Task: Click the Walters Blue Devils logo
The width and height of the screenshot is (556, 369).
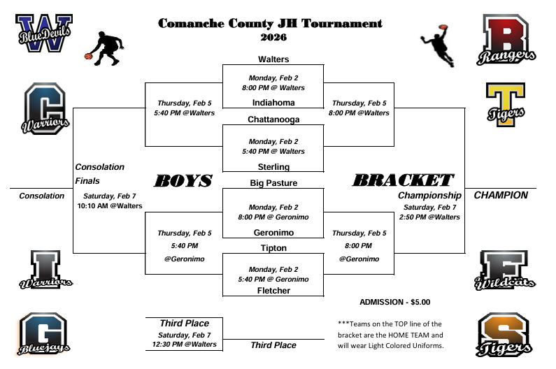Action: pyautogui.click(x=43, y=34)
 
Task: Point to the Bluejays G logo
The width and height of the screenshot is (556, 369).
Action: pyautogui.click(x=43, y=333)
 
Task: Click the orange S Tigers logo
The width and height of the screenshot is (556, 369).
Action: pyautogui.click(x=506, y=334)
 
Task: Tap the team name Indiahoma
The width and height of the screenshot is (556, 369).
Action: pyautogui.click(x=273, y=102)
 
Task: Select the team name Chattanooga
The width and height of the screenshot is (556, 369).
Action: pyautogui.click(x=273, y=120)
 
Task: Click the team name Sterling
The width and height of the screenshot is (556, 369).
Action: pyautogui.click(x=273, y=166)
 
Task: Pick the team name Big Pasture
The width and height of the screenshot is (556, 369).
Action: pyautogui.click(x=273, y=183)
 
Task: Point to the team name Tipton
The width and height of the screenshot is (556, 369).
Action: pyautogui.click(x=273, y=247)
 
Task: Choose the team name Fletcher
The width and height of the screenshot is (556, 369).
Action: pyautogui.click(x=273, y=291)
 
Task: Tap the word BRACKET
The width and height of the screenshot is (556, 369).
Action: pyautogui.click(x=403, y=180)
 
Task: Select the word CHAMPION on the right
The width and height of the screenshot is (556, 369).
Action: pyautogui.click(x=501, y=196)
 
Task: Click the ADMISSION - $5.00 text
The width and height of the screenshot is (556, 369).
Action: pyautogui.click(x=394, y=302)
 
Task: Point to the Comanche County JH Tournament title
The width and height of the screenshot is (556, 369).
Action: pyautogui.click(x=270, y=24)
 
